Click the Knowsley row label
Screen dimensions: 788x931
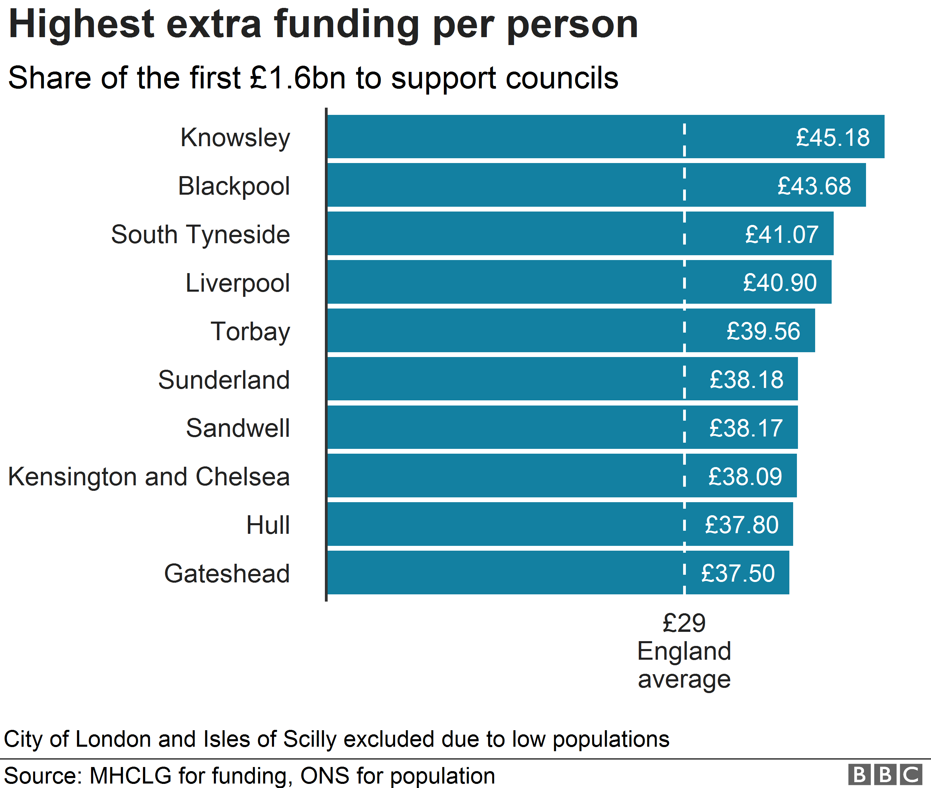tap(235, 138)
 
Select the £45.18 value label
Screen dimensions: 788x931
tap(833, 138)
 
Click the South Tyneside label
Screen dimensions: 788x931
tap(200, 235)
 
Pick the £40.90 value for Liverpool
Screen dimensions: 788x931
tap(780, 283)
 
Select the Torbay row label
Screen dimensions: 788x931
tap(250, 332)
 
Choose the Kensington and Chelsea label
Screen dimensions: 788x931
tap(149, 477)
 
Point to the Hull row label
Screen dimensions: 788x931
tap(268, 525)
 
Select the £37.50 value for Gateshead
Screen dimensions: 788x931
tap(738, 574)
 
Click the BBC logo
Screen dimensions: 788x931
tap(885, 774)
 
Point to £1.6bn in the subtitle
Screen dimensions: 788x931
tap(297, 78)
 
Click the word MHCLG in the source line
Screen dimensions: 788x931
tap(130, 776)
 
